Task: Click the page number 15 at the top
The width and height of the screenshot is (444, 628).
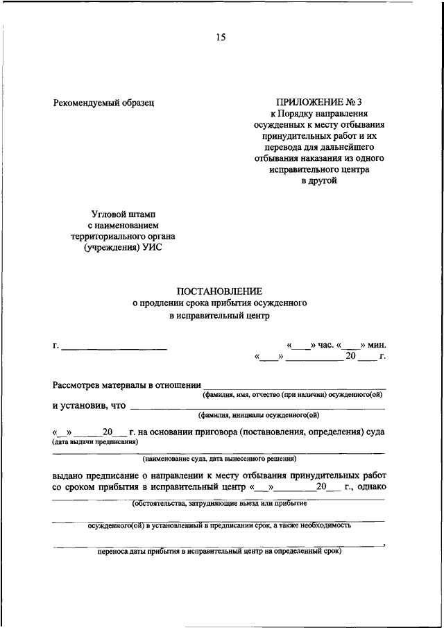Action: pos(221,37)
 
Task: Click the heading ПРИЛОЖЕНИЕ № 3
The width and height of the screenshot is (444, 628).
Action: pos(318,103)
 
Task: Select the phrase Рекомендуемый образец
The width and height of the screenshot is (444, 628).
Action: pos(103,103)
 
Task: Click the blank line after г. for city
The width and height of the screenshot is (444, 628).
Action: pos(114,345)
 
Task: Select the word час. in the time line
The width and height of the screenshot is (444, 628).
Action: pos(325,345)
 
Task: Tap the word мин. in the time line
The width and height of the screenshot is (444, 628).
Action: pos(377,345)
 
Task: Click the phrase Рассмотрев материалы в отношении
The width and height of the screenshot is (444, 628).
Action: pos(126,385)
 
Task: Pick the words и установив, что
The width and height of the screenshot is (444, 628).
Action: pos(89,405)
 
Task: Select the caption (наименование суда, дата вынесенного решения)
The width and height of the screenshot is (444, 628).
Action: pos(220,459)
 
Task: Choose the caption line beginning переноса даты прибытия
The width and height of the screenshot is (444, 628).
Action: pos(219,552)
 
